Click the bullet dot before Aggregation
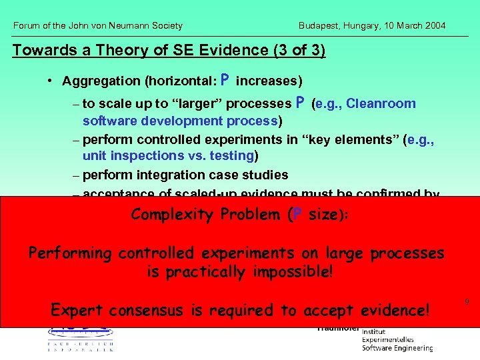click(50, 81)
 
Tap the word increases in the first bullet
click(269, 81)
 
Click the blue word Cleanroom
click(381, 103)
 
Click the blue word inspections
click(145, 156)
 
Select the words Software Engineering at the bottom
click(397, 347)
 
